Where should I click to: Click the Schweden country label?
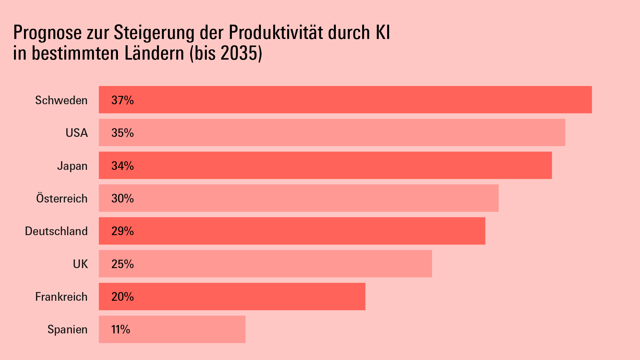(61, 100)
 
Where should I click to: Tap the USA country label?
(77, 133)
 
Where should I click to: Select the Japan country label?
(72, 166)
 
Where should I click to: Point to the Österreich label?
(62, 198)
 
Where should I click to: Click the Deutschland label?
(56, 231)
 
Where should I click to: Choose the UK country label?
(80, 264)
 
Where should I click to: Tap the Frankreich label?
(61, 297)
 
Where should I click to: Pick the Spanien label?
(67, 329)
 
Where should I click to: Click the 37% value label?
(123, 100)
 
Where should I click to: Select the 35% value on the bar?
(123, 133)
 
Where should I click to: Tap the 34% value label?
(123, 166)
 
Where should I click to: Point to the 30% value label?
(123, 198)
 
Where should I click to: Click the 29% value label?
(123, 231)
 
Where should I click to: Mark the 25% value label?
(123, 264)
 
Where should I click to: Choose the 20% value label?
(123, 297)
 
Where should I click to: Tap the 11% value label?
(121, 329)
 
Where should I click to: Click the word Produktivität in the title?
(276, 33)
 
